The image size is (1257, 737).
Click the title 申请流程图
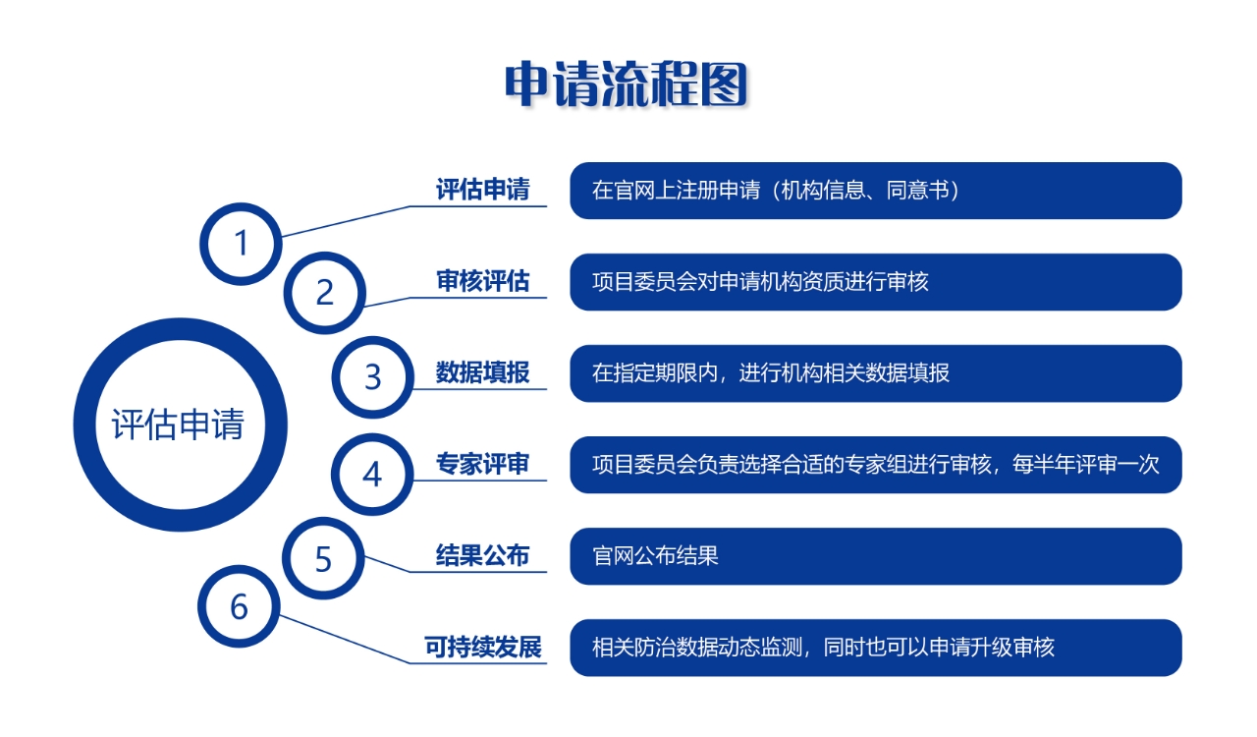pyautogui.click(x=627, y=85)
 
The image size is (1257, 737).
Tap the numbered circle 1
pyautogui.click(x=241, y=244)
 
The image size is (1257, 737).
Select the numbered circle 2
pyautogui.click(x=325, y=293)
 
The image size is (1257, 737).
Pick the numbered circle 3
pyautogui.click(x=373, y=377)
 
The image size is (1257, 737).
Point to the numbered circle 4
pyautogui.click(x=372, y=474)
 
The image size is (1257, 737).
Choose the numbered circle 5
pyautogui.click(x=323, y=558)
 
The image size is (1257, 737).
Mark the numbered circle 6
pyautogui.click(x=239, y=606)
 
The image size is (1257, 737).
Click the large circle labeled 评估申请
pyautogui.click(x=180, y=425)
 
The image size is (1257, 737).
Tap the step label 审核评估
pyautogui.click(x=482, y=281)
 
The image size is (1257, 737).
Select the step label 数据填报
pyautogui.click(x=482, y=372)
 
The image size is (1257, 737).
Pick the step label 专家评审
pyautogui.click(x=482, y=464)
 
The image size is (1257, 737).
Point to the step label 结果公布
pyautogui.click(x=482, y=555)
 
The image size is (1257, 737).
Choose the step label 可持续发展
pyautogui.click(x=482, y=648)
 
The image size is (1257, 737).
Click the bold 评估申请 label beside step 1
pyautogui.click(x=482, y=190)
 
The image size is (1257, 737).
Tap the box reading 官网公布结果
pyautogui.click(x=876, y=556)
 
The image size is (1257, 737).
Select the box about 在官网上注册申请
pyautogui.click(x=876, y=191)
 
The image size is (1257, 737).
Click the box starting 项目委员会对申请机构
pyautogui.click(x=876, y=282)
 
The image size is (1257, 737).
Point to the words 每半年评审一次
pyautogui.click(x=1086, y=465)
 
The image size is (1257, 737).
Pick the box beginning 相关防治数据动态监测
pyautogui.click(x=876, y=648)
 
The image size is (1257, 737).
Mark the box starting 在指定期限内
pyautogui.click(x=876, y=373)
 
